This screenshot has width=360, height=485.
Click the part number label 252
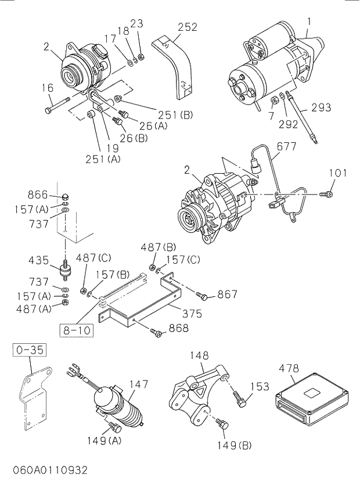[x=187, y=27]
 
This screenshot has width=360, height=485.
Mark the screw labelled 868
[x=155, y=333]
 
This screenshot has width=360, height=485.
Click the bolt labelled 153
[x=240, y=398]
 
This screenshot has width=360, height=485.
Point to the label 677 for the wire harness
[x=286, y=146]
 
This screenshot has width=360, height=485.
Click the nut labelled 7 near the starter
[x=273, y=102]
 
